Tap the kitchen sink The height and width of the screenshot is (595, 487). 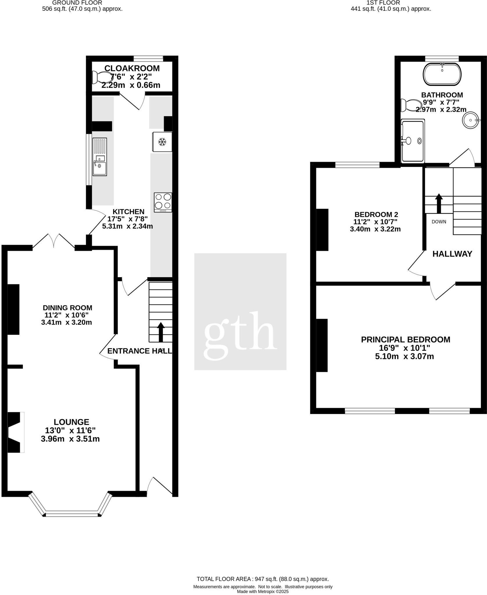pyautogui.click(x=100, y=157)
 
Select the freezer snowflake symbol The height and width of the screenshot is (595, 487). pyautogui.click(x=162, y=142)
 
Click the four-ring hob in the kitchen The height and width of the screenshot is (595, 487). pyautogui.click(x=163, y=202)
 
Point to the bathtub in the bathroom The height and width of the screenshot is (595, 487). pyautogui.click(x=442, y=74)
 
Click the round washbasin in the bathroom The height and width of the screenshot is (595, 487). pyautogui.click(x=470, y=120)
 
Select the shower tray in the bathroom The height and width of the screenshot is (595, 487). pyautogui.click(x=413, y=141)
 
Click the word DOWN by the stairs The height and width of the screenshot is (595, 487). pyautogui.click(x=439, y=222)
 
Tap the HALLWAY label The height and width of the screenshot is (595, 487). pyautogui.click(x=452, y=254)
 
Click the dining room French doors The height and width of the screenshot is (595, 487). pyautogui.click(x=54, y=241)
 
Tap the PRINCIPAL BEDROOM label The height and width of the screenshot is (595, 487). pyautogui.click(x=405, y=339)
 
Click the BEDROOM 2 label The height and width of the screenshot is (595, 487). pyautogui.click(x=376, y=214)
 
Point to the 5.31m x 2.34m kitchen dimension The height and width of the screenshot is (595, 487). pyautogui.click(x=127, y=226)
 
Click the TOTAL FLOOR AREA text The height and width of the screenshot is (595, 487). pyautogui.click(x=263, y=579)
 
